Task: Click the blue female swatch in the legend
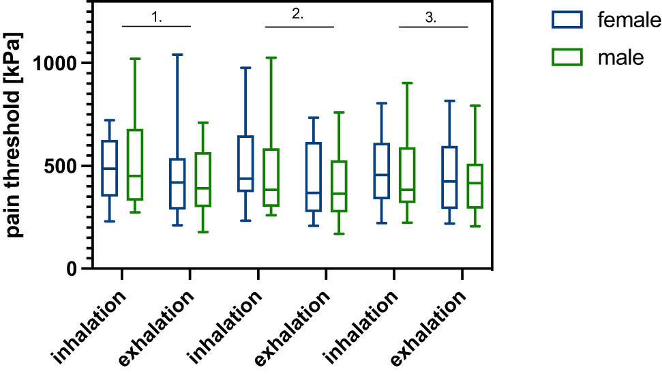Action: [x=567, y=20]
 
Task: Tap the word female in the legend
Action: [x=629, y=20]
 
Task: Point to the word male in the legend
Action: [x=620, y=58]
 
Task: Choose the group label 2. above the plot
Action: [x=298, y=15]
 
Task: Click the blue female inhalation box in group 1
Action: [x=109, y=169]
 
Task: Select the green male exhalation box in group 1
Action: [x=202, y=179]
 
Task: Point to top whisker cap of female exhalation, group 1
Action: [x=177, y=55]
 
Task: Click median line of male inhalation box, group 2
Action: [x=271, y=190]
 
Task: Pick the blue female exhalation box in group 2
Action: [x=313, y=177]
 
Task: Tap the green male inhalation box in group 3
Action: [x=406, y=175]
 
